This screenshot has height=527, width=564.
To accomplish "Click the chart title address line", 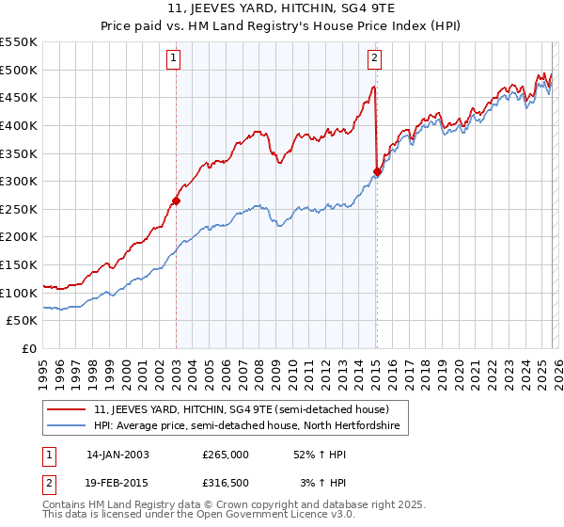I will pyautogui.click(x=281, y=10).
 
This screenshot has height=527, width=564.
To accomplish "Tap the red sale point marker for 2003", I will pyautogui.click(x=176, y=200).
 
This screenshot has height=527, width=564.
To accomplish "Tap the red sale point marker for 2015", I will pyautogui.click(x=377, y=171).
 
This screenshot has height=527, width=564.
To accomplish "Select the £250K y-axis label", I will pyautogui.click(x=19, y=209).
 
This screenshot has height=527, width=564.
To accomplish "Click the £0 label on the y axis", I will pyautogui.click(x=28, y=348).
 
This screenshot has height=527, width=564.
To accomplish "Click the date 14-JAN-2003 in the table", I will pyautogui.click(x=117, y=455).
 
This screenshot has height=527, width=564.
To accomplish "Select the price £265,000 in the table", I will pyautogui.click(x=226, y=455).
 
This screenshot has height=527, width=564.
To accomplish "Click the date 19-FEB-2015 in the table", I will pyautogui.click(x=117, y=483).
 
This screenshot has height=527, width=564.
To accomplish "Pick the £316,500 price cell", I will pyautogui.click(x=226, y=483).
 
